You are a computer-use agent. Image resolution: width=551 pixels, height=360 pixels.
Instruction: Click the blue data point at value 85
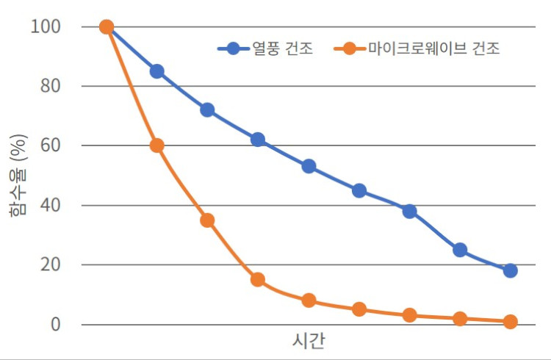click(156, 71)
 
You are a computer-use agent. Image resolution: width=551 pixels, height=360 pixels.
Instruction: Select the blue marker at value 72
click(207, 110)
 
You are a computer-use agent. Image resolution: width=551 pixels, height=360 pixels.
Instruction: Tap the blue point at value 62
click(258, 140)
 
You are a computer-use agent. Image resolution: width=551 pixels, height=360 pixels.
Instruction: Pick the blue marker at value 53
click(309, 167)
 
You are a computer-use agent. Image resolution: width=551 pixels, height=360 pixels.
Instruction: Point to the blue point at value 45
click(359, 190)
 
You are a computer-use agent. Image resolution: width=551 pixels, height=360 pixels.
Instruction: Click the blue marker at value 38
click(410, 212)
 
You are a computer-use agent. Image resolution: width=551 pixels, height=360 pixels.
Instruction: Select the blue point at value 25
click(460, 250)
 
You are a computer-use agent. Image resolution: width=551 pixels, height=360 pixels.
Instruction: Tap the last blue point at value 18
click(511, 270)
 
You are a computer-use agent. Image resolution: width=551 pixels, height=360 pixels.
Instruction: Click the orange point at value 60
click(156, 145)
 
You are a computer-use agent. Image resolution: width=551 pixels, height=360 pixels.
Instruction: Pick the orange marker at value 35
click(207, 220)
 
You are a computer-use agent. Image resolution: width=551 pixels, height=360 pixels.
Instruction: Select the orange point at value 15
click(258, 279)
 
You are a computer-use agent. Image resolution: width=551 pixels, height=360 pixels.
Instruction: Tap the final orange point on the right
click(511, 321)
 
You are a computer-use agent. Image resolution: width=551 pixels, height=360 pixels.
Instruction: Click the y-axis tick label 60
click(51, 145)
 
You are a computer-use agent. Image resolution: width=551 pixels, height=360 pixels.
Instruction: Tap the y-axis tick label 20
click(51, 264)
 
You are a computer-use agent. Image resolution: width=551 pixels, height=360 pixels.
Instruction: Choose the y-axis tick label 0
click(56, 324)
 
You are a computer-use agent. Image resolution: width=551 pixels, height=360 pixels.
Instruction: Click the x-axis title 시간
click(309, 342)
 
